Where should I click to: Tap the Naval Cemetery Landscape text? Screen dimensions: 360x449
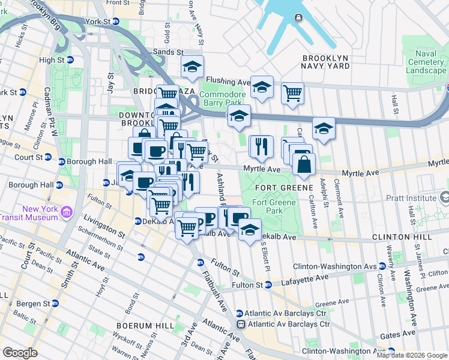pyautogui.click(x=426, y=62)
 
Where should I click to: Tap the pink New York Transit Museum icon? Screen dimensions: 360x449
pyautogui.click(x=66, y=211)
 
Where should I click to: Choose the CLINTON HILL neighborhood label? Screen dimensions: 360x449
pyautogui.click(x=402, y=237)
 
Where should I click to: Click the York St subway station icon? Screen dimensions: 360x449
pyautogui.click(x=116, y=21)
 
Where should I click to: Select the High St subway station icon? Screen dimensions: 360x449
pyautogui.click(x=70, y=60)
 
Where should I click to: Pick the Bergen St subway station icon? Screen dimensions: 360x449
pyautogui.click(x=55, y=304)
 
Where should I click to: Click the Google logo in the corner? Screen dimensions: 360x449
pyautogui.click(x=20, y=353)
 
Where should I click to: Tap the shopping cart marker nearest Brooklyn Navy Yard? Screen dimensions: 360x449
pyautogui.click(x=292, y=92)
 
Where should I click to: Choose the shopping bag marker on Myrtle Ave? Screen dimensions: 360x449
pyautogui.click(x=304, y=163)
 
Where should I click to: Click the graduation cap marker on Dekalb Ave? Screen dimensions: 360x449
pyautogui.click(x=250, y=229)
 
